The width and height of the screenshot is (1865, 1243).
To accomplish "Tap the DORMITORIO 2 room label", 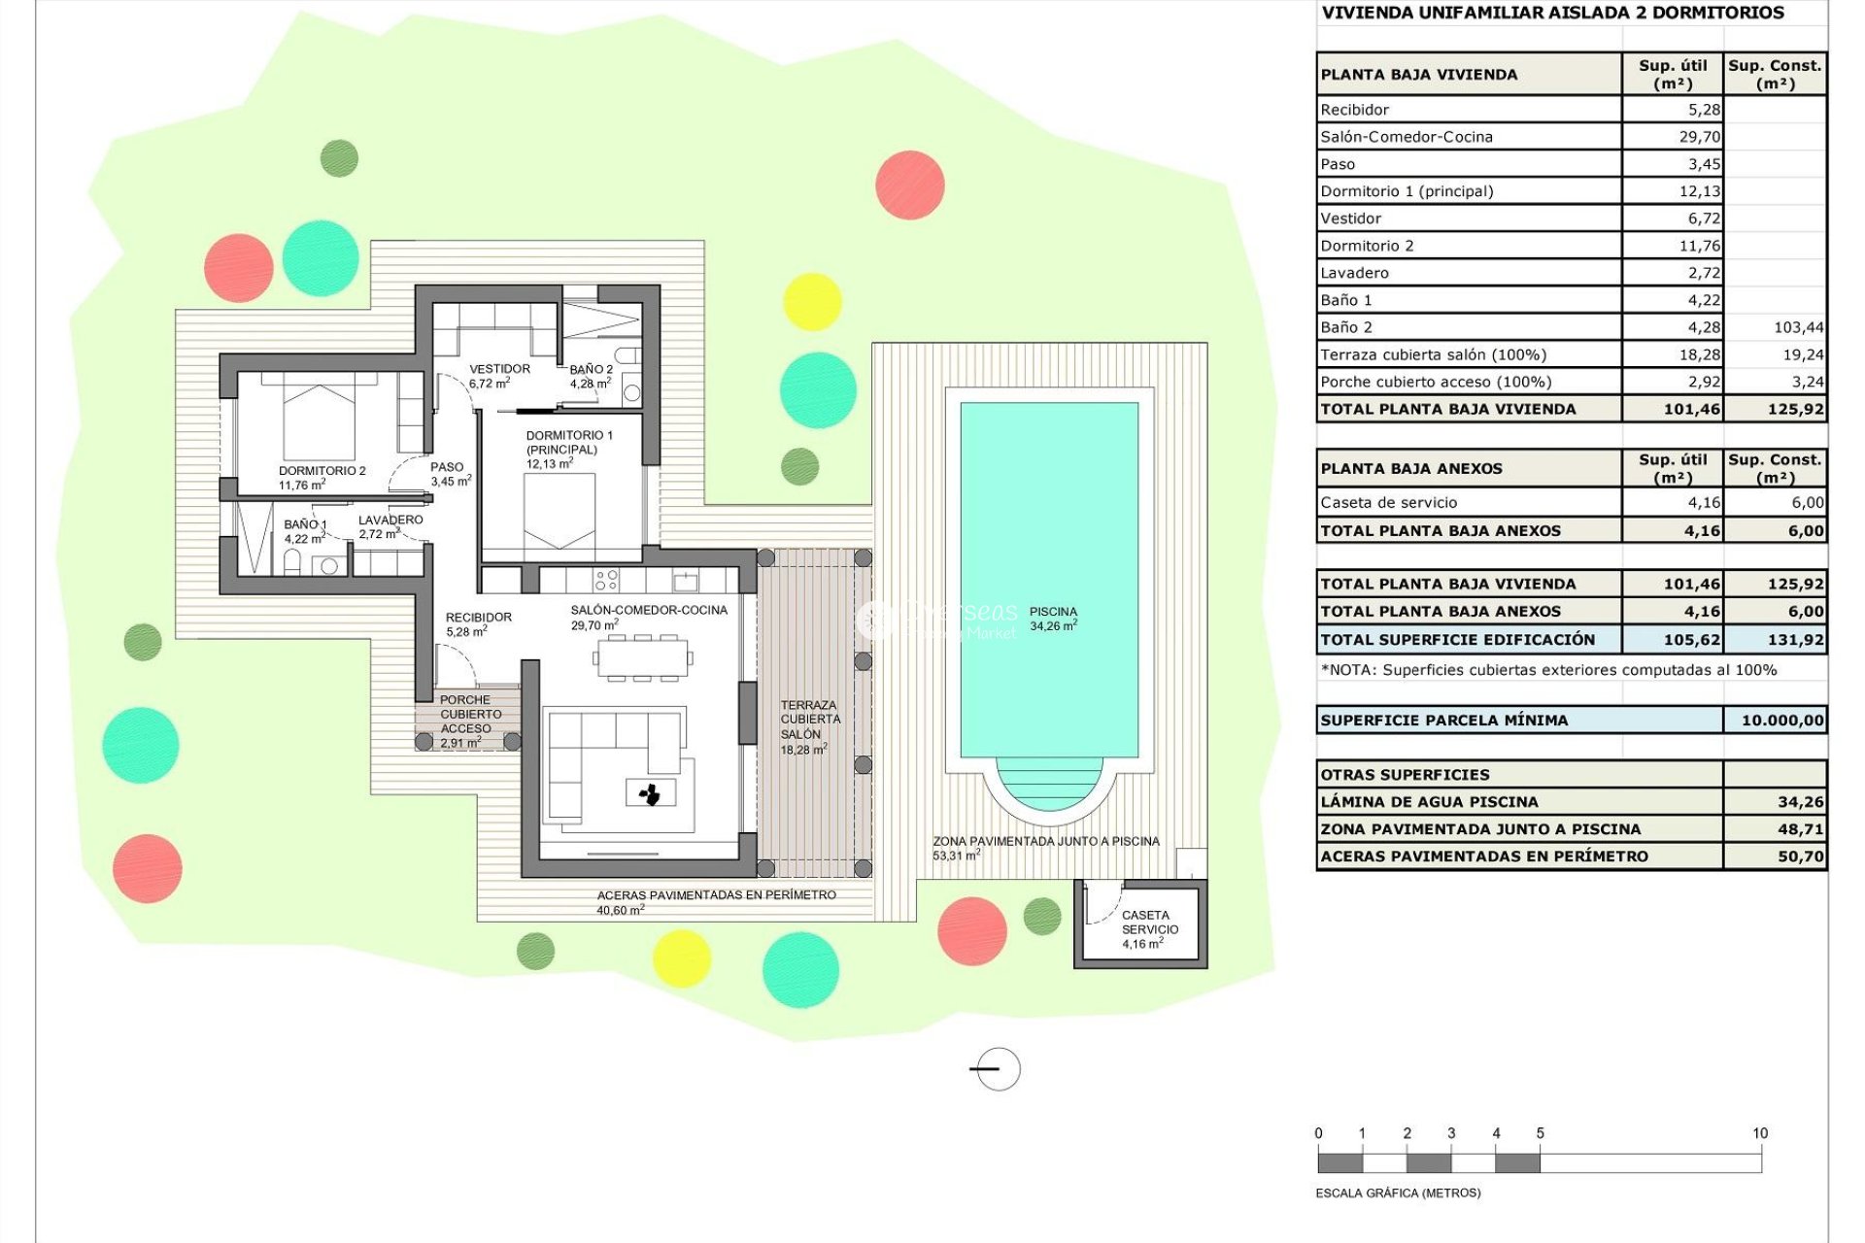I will click(x=322, y=471).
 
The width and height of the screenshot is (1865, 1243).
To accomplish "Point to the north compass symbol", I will click(x=997, y=1069).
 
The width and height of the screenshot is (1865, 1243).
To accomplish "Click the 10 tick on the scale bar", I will click(x=1760, y=1134).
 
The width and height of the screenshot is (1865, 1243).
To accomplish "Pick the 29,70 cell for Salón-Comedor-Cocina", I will click(x=1699, y=137).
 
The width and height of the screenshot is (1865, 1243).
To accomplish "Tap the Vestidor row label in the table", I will click(x=1350, y=218).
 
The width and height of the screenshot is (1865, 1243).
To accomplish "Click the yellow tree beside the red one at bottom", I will click(x=681, y=958).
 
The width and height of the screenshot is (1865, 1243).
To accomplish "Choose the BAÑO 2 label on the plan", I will click(x=591, y=370).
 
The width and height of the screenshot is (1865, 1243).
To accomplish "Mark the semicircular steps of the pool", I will click(x=1049, y=783).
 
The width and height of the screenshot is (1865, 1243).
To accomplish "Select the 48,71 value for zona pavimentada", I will click(x=1800, y=829).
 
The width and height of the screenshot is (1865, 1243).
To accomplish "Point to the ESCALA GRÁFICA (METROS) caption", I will click(x=1397, y=1193).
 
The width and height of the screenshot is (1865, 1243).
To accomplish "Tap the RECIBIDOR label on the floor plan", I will click(x=478, y=618).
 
